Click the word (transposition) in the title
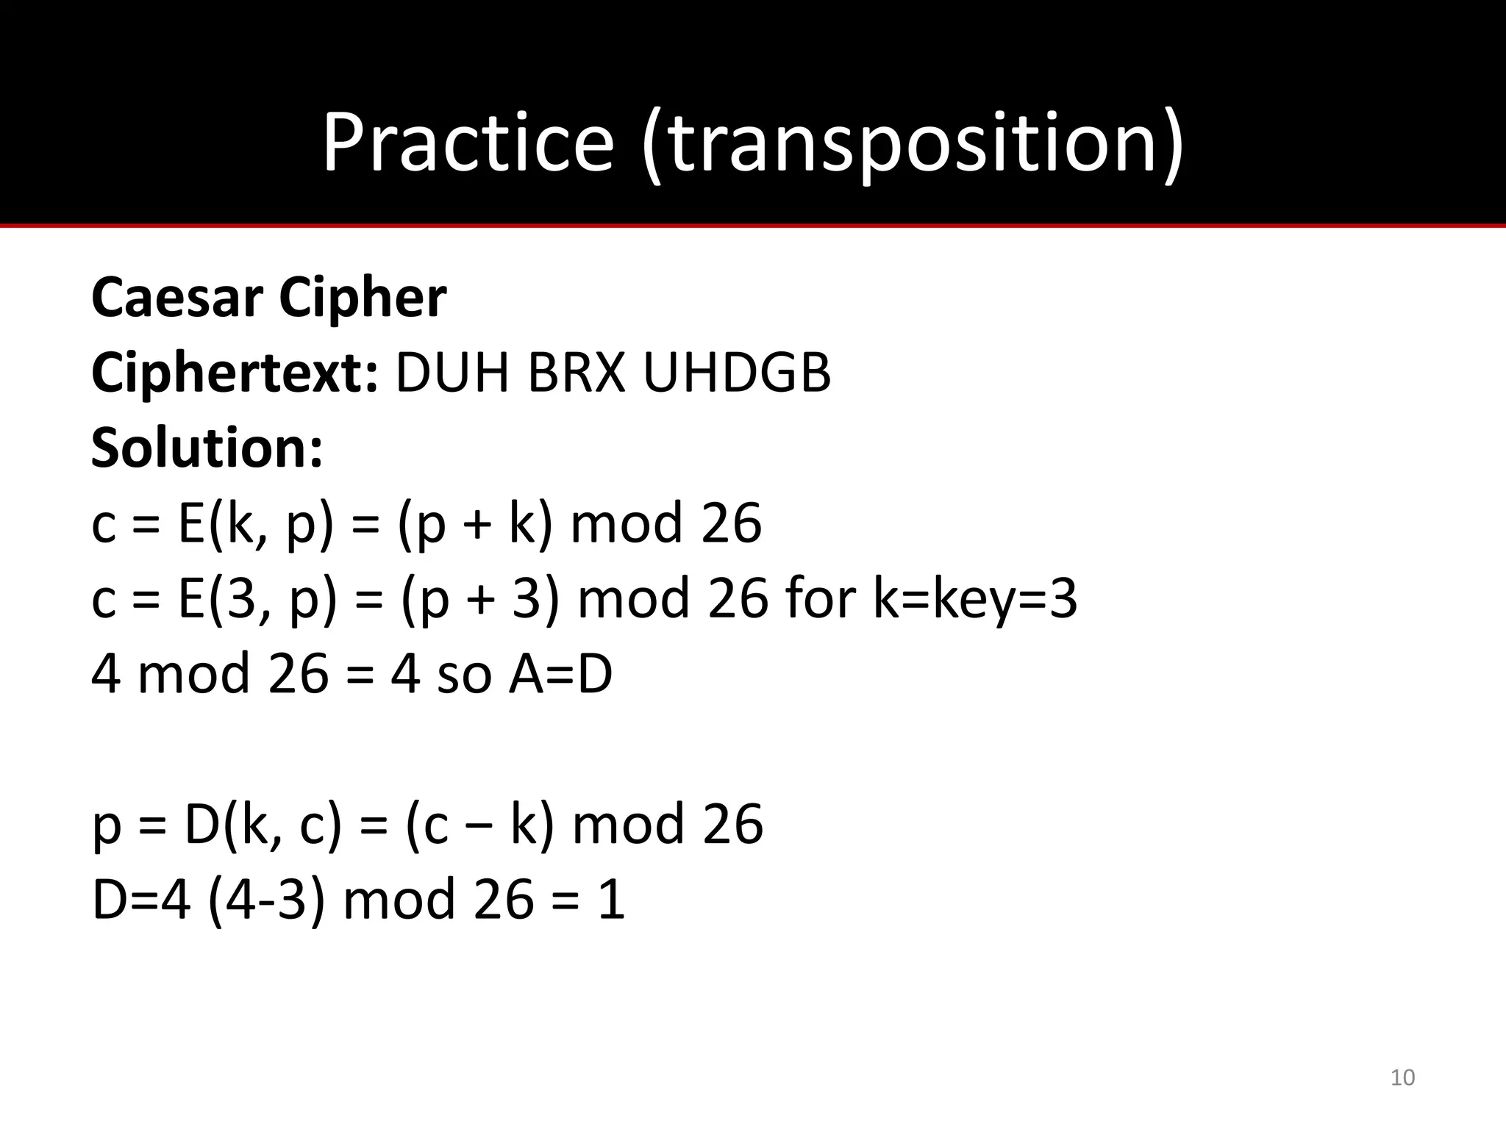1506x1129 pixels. pyautogui.click(x=913, y=143)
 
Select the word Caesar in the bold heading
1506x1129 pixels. pyautogui.click(x=177, y=298)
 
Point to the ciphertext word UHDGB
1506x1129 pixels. pyautogui.click(x=736, y=373)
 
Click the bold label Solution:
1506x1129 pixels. pyautogui.click(x=207, y=448)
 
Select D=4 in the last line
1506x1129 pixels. pyautogui.click(x=140, y=900)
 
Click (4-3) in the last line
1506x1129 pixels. pyautogui.click(x=266, y=900)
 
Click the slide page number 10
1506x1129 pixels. pyautogui.click(x=1403, y=1078)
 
